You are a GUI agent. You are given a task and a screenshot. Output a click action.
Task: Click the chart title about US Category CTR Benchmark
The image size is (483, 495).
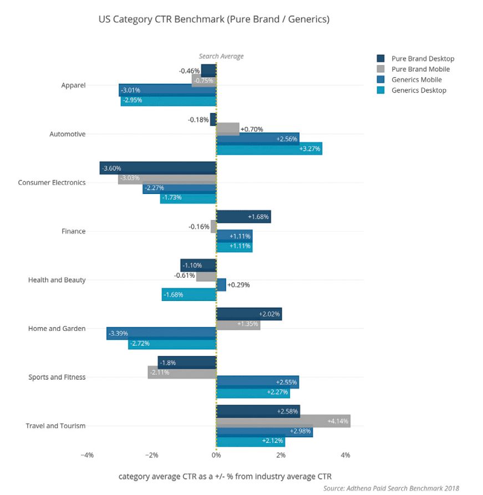tap(213, 19)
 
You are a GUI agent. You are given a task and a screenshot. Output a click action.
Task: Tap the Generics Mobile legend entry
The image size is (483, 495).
tap(416, 80)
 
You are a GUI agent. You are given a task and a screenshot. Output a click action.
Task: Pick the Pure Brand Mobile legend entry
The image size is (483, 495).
tap(420, 69)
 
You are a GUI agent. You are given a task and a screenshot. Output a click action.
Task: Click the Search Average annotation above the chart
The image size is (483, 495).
tap(221, 56)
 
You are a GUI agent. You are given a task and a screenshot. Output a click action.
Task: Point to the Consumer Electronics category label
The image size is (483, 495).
tap(52, 182)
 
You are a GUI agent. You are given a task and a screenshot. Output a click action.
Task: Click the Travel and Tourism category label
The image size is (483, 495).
tap(55, 426)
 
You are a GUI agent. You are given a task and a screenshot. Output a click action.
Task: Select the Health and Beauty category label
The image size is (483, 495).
tap(57, 280)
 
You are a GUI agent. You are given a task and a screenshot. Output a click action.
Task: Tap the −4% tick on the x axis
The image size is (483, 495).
tap(87, 455)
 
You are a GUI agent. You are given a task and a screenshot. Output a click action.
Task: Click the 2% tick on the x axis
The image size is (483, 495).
tap(281, 455)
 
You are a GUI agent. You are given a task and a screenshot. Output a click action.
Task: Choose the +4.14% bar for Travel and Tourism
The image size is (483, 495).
tap(283, 421)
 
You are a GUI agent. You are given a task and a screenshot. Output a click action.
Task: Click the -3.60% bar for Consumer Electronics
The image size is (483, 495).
tap(158, 168)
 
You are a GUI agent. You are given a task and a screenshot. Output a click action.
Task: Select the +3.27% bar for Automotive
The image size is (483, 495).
tap(269, 149)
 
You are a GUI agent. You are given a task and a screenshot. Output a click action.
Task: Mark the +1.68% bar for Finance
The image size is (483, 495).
tap(243, 216)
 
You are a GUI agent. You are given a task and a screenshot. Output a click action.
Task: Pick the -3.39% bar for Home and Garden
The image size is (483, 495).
tap(161, 334)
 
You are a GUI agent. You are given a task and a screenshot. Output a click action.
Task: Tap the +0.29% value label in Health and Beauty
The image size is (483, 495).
tap(238, 285)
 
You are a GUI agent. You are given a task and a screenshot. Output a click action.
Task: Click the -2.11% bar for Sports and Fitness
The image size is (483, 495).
tap(182, 372)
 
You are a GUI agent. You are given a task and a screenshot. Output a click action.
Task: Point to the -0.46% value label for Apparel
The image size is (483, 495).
tap(189, 71)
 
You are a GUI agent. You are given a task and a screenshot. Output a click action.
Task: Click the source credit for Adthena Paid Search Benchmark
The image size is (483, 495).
tap(391, 488)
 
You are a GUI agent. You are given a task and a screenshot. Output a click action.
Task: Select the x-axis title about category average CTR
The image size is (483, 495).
tap(225, 476)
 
